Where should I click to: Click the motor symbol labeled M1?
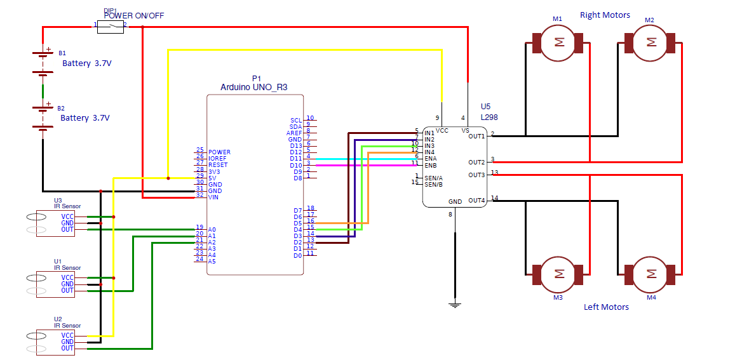[557, 43]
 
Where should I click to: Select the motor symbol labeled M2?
[650, 43]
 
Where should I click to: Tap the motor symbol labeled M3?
[557, 274]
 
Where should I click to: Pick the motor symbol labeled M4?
[650, 274]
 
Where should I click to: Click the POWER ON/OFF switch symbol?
[111, 27]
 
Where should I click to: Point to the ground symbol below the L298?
[455, 305]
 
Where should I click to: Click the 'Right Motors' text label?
[605, 15]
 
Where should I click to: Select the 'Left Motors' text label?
[606, 307]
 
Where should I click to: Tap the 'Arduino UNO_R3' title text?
[254, 87]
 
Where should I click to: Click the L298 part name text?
[489, 116]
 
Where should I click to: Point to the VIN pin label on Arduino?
[214, 197]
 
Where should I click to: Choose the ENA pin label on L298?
[431, 159]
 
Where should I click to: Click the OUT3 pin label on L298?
[476, 175]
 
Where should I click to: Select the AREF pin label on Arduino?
[294, 133]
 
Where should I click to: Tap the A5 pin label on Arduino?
[212, 262]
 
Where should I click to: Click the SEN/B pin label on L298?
[433, 183]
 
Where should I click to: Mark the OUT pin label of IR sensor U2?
[67, 348]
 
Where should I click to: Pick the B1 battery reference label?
[62, 53]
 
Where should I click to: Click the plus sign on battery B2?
[48, 102]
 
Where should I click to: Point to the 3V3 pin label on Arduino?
[214, 171]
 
